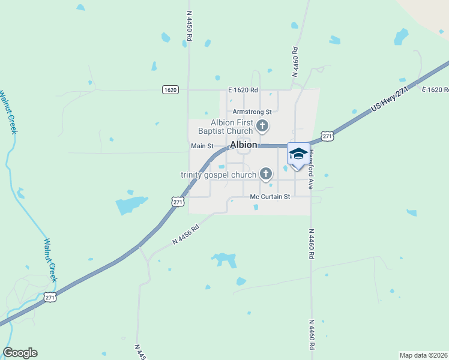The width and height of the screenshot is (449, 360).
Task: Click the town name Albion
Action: pyautogui.click(x=244, y=145)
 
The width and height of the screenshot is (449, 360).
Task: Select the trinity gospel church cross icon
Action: pyautogui.click(x=266, y=175)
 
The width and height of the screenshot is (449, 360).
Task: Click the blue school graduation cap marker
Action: pyautogui.click(x=298, y=154)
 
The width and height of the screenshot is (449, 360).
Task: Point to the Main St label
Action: pyautogui.click(x=202, y=146)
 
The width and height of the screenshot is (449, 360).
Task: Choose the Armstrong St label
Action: pyautogui.click(x=252, y=112)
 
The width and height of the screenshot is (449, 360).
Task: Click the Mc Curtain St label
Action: pyautogui.click(x=270, y=196)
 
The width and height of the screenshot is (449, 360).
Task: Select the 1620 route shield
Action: pyautogui.click(x=170, y=89)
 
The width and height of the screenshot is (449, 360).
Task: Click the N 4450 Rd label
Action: pyautogui.click(x=189, y=25)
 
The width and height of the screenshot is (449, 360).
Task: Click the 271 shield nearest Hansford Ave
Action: pyautogui.click(x=327, y=137)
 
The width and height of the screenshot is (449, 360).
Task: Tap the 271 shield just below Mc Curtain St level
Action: pyautogui.click(x=178, y=202)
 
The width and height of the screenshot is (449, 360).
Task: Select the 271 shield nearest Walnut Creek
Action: pyautogui.click(x=50, y=297)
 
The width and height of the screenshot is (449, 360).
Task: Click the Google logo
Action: pyautogui.click(x=20, y=353)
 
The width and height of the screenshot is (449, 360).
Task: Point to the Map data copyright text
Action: pyautogui.click(x=424, y=355)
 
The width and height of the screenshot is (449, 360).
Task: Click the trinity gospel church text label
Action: pyautogui.click(x=218, y=175)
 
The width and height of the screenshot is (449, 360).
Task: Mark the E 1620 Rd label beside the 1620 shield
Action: pyautogui.click(x=243, y=90)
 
